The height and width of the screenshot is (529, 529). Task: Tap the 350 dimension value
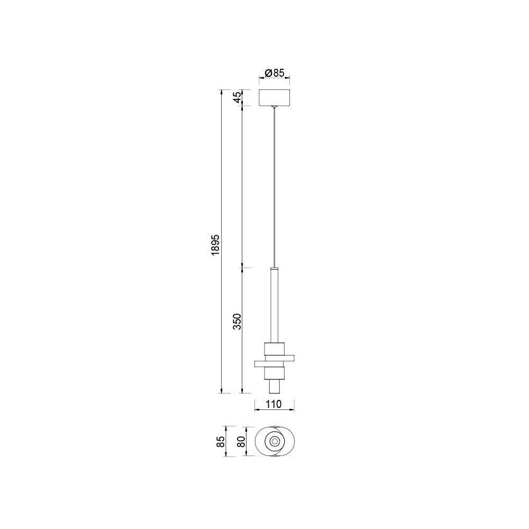point(238,322)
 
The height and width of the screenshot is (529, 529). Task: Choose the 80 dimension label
point(241,441)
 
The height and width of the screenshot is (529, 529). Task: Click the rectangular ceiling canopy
point(274,97)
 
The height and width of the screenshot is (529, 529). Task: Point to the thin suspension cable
point(274,185)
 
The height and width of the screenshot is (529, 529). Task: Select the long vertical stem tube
point(274,304)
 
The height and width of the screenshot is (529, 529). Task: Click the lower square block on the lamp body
point(274,373)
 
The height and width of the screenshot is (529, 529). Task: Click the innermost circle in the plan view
point(274,441)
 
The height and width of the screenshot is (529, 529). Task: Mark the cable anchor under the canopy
point(274,107)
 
